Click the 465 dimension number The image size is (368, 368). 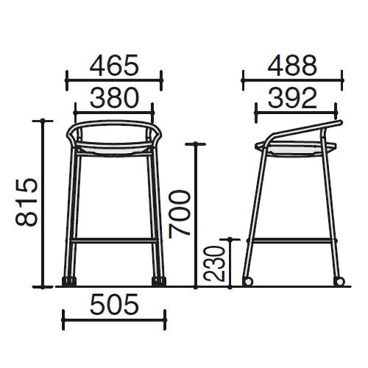point(114,66)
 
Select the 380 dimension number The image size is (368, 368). point(114,98)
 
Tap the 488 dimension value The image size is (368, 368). point(292,66)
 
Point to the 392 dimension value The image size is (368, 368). point(292,98)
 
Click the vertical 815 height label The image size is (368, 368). point(26,202)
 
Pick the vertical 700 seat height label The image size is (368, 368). point(180,214)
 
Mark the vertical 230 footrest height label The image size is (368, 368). point(214,263)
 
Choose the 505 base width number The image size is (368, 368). point(114,304)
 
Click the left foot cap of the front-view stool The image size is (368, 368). point(69,282)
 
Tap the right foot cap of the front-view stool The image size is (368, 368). point(159,282)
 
